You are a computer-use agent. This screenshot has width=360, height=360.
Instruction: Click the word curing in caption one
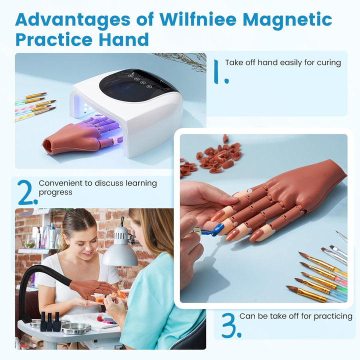point(328,62)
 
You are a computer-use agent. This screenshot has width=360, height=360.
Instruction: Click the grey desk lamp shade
point(120,255)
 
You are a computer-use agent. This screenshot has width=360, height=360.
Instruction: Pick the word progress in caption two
point(55,192)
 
